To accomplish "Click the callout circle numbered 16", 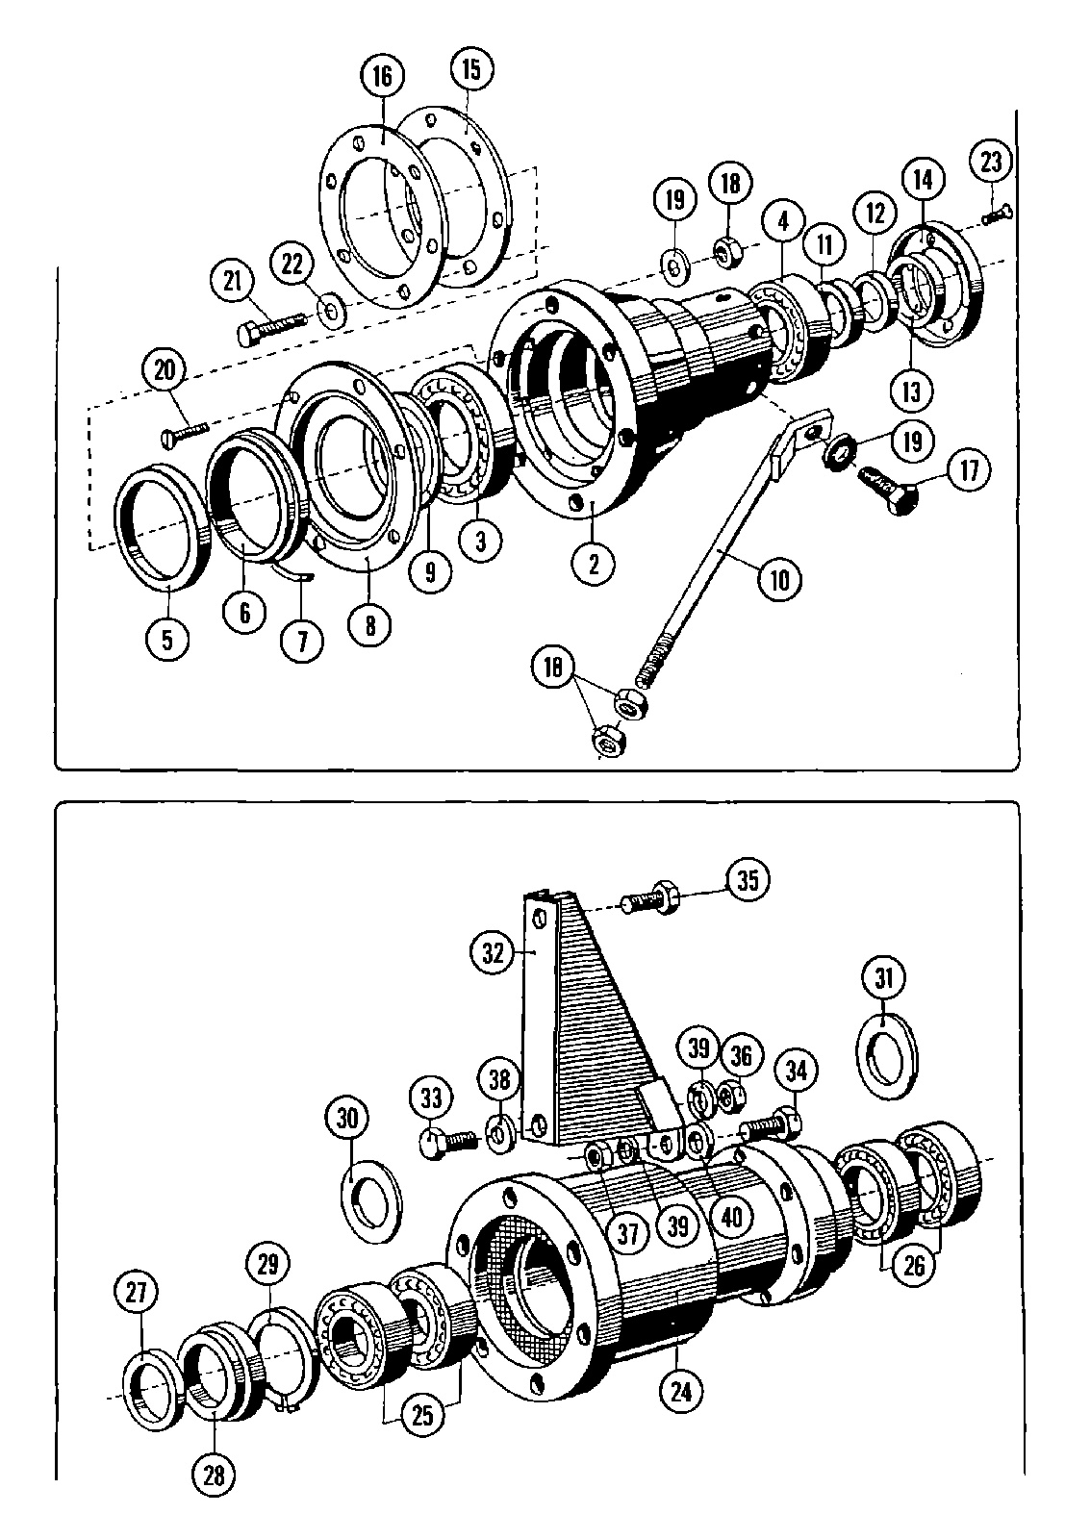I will pos(383,76).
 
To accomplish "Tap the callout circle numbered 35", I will pos(748,880).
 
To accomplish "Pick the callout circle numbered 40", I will pos(731,1216).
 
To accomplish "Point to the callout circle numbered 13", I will pos(911,391).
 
